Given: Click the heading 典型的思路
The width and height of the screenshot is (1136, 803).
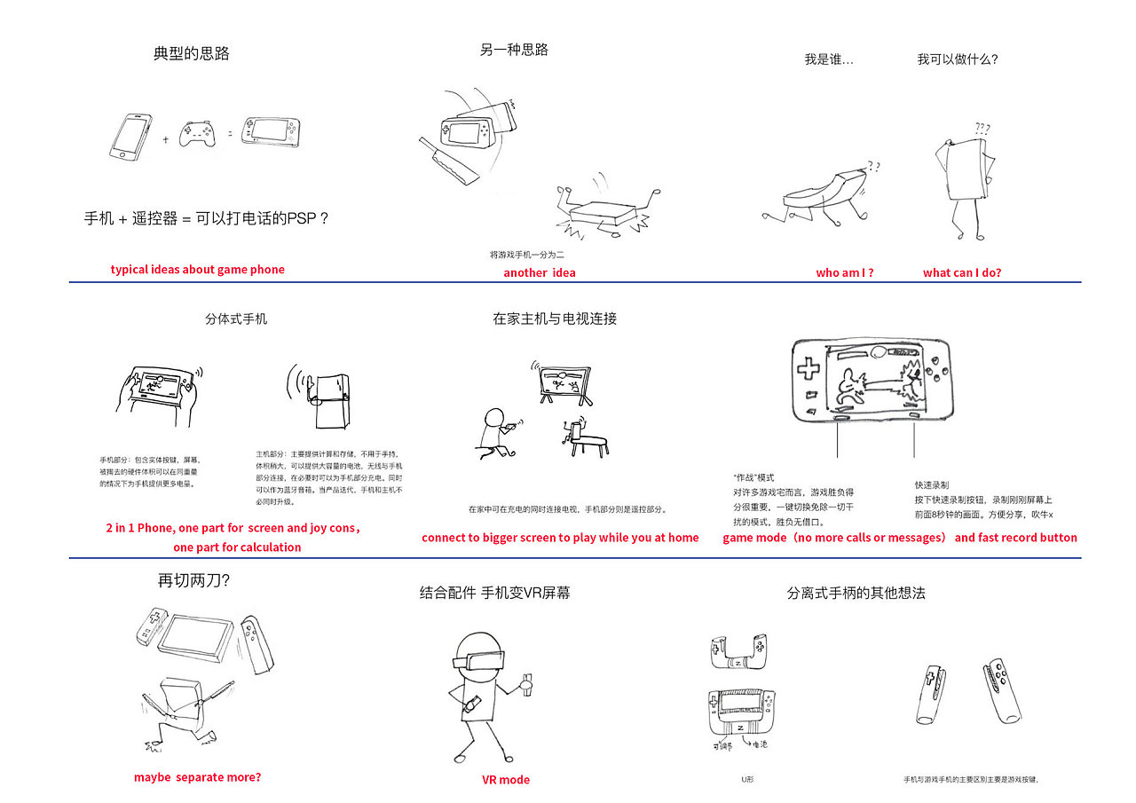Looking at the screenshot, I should pos(192,53).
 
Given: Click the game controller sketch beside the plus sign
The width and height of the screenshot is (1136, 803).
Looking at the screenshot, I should pos(200,135).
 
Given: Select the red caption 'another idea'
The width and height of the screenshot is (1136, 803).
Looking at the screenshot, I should pos(539,272).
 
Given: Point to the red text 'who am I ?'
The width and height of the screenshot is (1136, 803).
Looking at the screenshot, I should pos(844,272).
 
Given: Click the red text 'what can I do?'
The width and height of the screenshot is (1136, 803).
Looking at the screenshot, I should pos(961,272).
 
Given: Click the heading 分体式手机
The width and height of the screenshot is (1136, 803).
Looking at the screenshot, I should pos(235,319).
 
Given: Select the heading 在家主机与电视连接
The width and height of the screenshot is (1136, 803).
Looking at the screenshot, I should pos(554,319).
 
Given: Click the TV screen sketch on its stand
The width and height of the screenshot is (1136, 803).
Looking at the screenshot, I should pos(564,381).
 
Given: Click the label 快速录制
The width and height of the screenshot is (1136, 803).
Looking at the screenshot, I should pos(932,484).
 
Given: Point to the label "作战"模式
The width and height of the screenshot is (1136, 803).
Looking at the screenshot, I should pos(753,477).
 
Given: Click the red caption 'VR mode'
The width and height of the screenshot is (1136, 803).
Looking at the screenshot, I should pos(506,779).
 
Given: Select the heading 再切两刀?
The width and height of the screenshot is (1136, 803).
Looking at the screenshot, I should pos(193,581).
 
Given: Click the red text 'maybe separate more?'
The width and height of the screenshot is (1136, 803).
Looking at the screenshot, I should pos(198,776).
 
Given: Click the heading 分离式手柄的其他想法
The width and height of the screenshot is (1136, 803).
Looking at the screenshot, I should pos(856,593).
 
